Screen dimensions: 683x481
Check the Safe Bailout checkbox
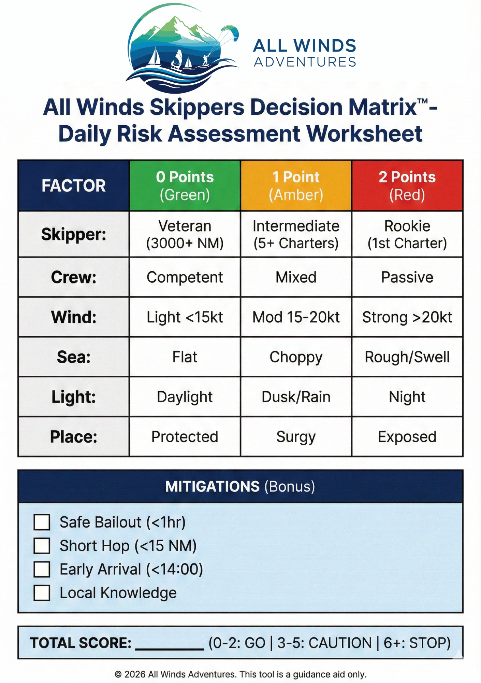[42, 522]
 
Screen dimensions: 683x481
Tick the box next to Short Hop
[42, 546]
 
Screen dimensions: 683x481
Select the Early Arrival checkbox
[42, 569]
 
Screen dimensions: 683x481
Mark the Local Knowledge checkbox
[42, 593]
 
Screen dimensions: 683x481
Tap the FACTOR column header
[74, 186]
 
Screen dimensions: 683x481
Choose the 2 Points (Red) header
[407, 186]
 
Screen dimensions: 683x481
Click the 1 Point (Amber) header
[296, 186]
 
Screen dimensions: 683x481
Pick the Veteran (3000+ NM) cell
[185, 234]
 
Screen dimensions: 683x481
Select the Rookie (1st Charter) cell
[407, 234]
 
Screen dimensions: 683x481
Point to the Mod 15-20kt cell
[296, 317]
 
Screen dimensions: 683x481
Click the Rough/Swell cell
[407, 357]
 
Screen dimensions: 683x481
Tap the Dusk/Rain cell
[296, 397]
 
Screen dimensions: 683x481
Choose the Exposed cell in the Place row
[407, 437]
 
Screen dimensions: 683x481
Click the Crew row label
[74, 277]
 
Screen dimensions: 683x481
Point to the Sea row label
[74, 357]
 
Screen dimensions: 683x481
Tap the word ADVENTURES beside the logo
[305, 62]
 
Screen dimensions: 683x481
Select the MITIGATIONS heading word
[212, 487]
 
